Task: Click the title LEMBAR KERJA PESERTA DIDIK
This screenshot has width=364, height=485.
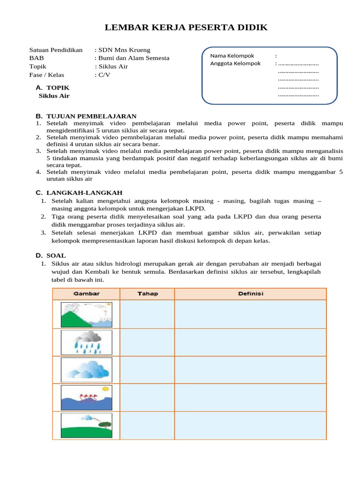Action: point(186,27)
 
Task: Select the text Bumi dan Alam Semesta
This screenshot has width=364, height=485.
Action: point(134,58)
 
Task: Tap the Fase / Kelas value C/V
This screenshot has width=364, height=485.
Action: point(104,75)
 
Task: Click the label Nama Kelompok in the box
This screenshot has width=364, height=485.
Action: point(232,55)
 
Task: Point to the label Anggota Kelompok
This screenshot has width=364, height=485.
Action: point(235,63)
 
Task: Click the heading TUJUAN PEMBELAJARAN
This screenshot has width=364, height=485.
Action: point(91,116)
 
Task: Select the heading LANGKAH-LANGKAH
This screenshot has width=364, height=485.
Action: point(84,192)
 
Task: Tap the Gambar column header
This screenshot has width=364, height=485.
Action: point(86,294)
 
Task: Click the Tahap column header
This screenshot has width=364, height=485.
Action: point(147,294)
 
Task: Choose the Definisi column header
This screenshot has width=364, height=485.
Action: point(250,294)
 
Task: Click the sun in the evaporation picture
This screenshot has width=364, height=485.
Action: point(105,389)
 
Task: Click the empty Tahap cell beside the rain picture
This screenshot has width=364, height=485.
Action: point(147,342)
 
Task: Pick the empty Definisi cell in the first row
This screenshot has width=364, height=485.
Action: point(250,314)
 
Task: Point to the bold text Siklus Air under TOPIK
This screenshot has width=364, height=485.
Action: point(54,96)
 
